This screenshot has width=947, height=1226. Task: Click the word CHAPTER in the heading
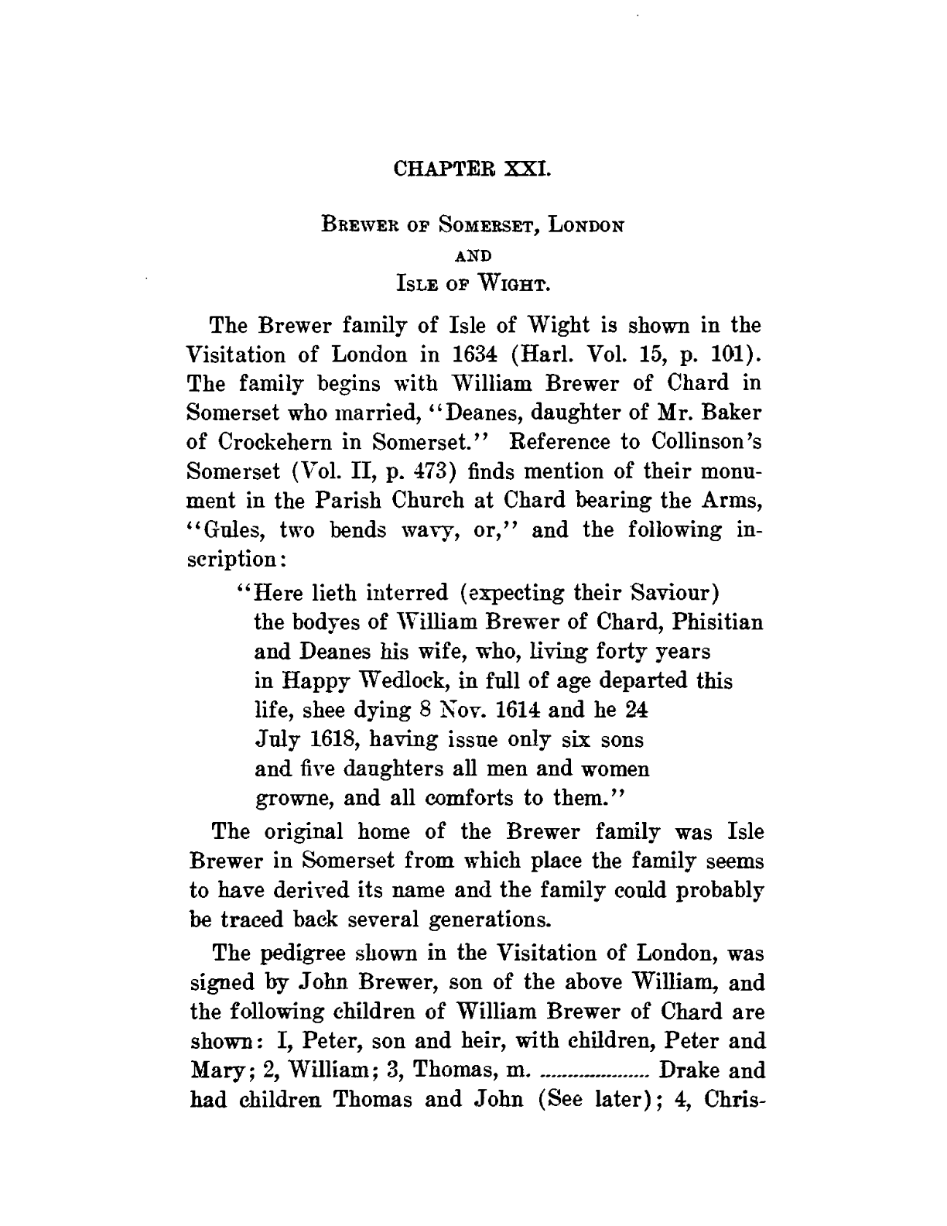[446, 168]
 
